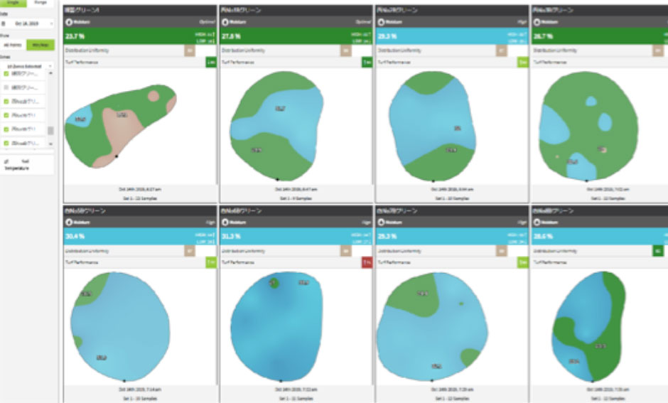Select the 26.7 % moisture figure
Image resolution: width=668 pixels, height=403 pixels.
542,36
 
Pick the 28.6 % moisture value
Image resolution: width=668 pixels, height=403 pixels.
542,235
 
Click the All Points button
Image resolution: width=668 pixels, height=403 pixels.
13,45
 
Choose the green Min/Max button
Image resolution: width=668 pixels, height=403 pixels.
40,45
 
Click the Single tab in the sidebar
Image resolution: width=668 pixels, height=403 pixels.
13,3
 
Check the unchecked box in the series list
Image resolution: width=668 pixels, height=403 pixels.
6,87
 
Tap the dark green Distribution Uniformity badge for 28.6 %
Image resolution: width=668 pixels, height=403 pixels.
658,250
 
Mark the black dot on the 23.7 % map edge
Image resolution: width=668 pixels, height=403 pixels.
117,156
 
